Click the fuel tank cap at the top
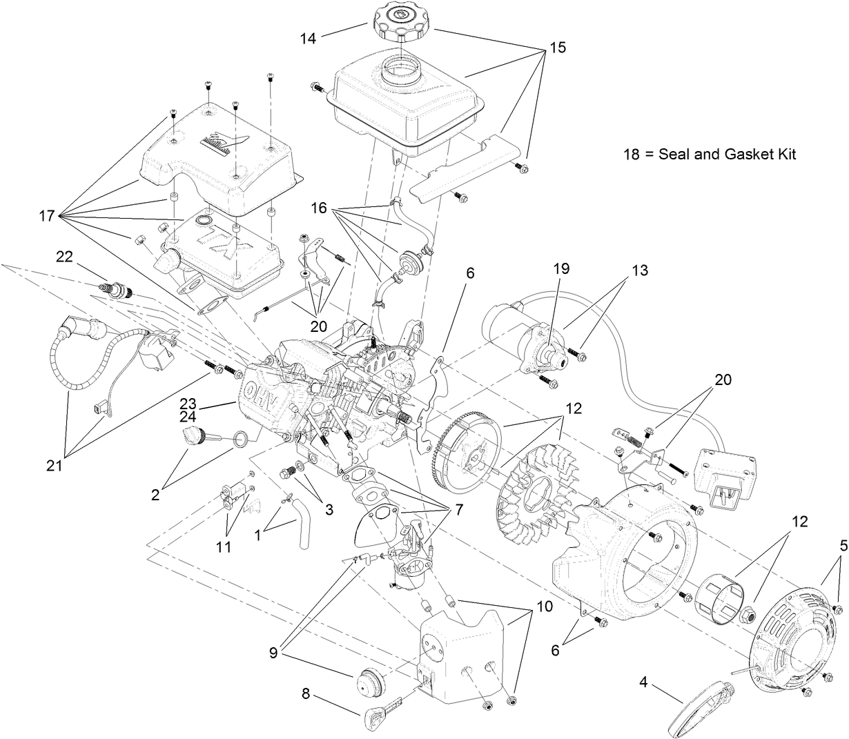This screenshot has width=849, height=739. point(403,23)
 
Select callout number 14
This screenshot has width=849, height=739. point(308,38)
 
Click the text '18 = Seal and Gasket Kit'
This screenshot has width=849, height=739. point(709,155)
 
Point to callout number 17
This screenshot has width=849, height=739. point(48,216)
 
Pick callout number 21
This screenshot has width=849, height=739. point(54,466)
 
